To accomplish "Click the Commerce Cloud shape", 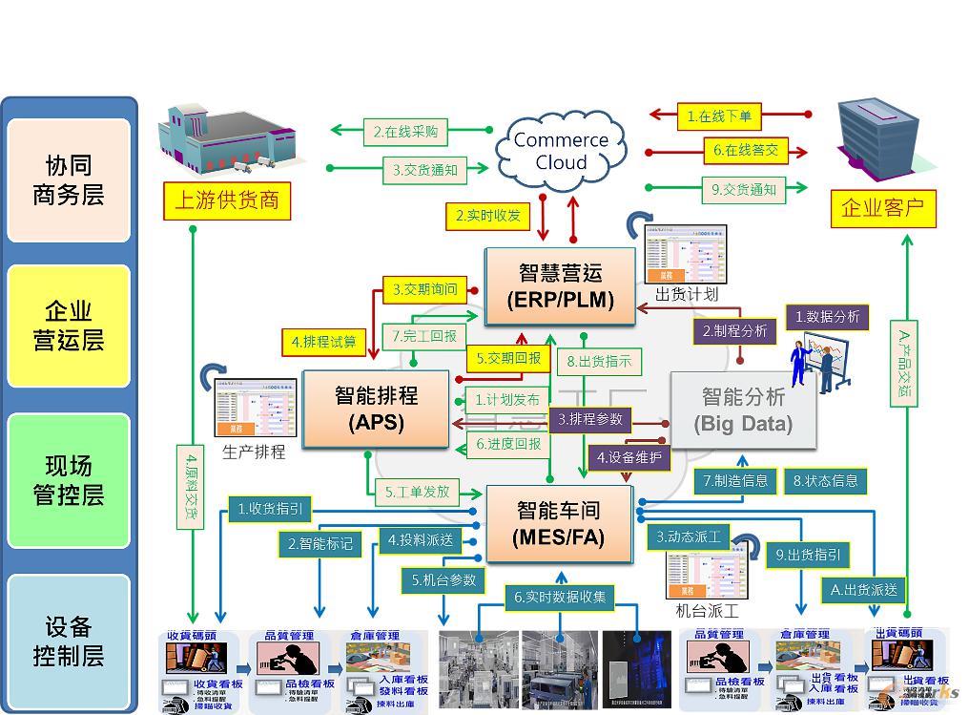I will (560, 151).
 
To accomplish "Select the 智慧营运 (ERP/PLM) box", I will (560, 285).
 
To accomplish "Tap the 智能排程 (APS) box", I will (376, 409).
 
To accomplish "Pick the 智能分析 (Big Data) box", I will (743, 410).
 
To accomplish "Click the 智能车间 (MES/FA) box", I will (559, 523).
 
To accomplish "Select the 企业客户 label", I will (882, 207).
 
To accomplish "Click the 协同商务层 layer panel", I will (69, 180).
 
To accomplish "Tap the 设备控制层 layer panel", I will (69, 641).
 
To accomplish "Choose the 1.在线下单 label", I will (719, 117).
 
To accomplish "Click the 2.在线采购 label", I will (405, 132).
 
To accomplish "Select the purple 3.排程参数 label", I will (589, 419).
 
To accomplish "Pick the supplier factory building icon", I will (217, 140).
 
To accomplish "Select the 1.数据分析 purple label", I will (826, 317).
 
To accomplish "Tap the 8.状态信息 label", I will (825, 481).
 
